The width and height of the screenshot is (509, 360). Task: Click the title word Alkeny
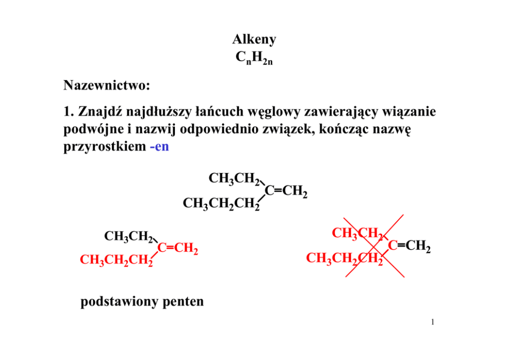pyautogui.click(x=254, y=39)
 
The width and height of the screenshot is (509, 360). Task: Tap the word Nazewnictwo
pyautogui.click(x=107, y=85)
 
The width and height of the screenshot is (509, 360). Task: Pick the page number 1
pyautogui.click(x=433, y=323)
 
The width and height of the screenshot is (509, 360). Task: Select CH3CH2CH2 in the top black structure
pyautogui.click(x=221, y=204)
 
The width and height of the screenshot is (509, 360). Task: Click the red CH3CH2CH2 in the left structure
pyautogui.click(x=116, y=260)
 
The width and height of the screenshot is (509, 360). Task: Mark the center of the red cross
pyautogui.click(x=374, y=247)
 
